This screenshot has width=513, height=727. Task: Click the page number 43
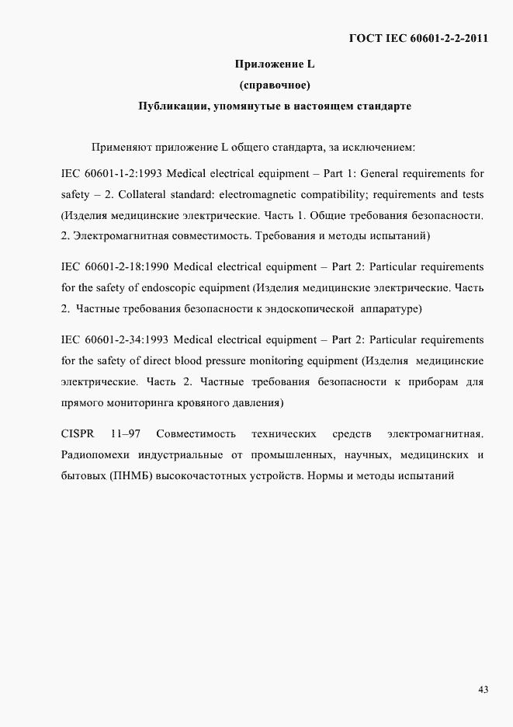click(483, 690)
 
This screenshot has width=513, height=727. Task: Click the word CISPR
click(78, 433)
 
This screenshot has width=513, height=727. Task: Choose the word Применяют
click(121, 146)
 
